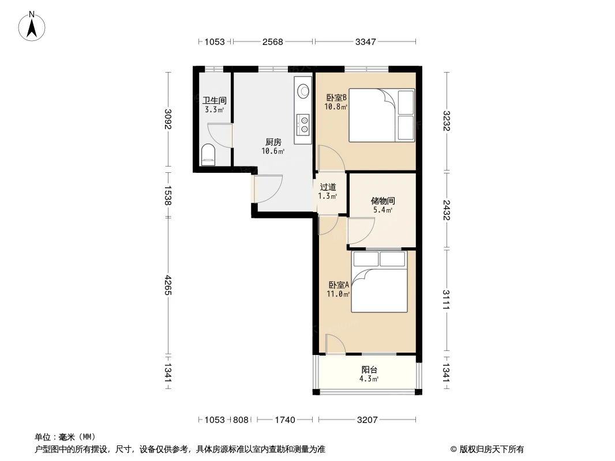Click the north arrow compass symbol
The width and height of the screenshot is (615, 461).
pyautogui.click(x=32, y=26)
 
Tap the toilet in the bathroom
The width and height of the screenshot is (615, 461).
pyautogui.click(x=208, y=154)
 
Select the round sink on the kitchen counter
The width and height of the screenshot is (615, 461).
pyautogui.click(x=303, y=91)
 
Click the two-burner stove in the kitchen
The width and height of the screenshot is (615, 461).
pyautogui.click(x=303, y=124)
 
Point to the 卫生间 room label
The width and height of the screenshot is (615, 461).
pyautogui.click(x=214, y=101)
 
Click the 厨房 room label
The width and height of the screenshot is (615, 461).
pyautogui.click(x=273, y=142)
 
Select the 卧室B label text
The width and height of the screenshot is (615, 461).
pyautogui.click(x=336, y=97)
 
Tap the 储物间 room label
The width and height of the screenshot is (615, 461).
pyautogui.click(x=383, y=201)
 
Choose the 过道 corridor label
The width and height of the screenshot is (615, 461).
pyautogui.click(x=328, y=187)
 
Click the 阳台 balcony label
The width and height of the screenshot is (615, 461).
pyautogui.click(x=369, y=370)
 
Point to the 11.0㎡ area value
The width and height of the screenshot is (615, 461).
pyautogui.click(x=338, y=294)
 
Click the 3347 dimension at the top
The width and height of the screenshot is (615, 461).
pyautogui.click(x=366, y=41)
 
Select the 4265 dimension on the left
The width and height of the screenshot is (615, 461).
pyautogui.click(x=168, y=285)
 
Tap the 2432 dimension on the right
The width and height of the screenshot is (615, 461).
pyautogui.click(x=447, y=210)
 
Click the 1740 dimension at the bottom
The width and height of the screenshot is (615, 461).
pyautogui.click(x=285, y=420)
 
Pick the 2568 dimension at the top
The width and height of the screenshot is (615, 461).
pyautogui.click(x=272, y=41)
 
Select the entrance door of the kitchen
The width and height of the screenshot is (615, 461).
pyautogui.click(x=268, y=188)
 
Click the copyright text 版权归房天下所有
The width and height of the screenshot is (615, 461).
pyautogui.click(x=492, y=449)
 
